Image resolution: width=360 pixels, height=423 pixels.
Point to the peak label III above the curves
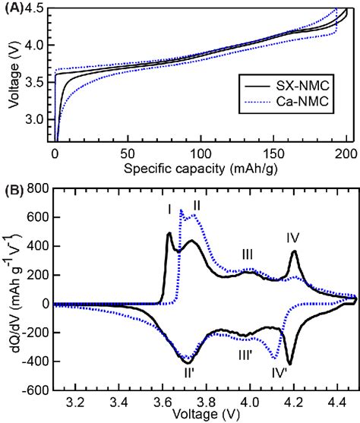click(x=247, y=254)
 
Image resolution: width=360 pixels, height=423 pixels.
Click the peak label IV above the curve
click(x=293, y=238)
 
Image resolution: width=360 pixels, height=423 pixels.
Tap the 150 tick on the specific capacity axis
click(x=273, y=153)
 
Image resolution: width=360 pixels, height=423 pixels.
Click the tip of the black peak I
click(x=169, y=233)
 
